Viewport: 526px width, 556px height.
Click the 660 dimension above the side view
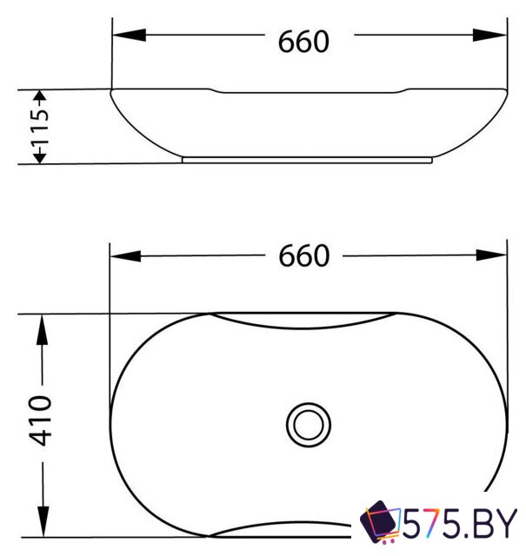(303, 42)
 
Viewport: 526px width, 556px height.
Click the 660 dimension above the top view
(304, 255)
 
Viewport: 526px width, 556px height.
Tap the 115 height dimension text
(40, 127)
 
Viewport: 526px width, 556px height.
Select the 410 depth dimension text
(41, 420)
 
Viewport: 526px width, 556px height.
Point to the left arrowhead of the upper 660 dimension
(129, 35)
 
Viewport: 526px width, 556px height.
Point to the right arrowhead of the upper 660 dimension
(489, 35)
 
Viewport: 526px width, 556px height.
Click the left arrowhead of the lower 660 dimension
(126, 255)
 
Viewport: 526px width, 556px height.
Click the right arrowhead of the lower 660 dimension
(491, 255)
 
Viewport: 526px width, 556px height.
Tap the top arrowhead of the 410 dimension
(43, 330)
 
